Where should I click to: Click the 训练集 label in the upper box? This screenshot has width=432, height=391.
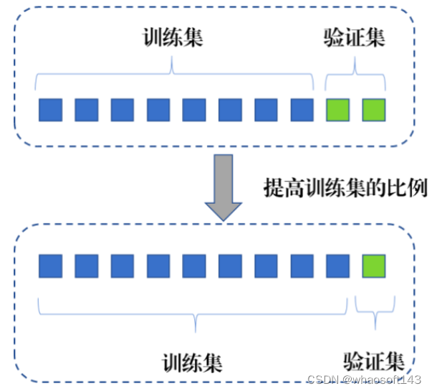point(173,37)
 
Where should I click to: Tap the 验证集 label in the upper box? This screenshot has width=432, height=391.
point(355,37)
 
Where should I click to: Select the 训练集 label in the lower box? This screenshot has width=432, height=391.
point(192,359)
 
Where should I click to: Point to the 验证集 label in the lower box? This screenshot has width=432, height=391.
point(373,359)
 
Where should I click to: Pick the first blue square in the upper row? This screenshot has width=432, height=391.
point(50,110)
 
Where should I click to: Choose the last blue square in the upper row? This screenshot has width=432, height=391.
point(302,110)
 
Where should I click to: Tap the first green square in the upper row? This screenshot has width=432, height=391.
point(338,110)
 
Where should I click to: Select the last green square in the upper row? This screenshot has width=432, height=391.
point(374,110)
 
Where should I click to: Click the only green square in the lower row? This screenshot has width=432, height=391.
point(374,266)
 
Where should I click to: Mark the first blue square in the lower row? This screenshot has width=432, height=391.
point(50,266)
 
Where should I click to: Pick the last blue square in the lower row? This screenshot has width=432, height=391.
point(338,266)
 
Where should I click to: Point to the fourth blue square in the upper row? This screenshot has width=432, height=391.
point(158,110)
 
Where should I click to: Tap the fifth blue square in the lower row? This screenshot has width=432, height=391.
point(194,266)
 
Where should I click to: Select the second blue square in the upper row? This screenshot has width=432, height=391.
point(86,110)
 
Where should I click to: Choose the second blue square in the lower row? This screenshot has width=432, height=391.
point(86,266)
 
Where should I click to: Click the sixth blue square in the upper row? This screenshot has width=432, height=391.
point(230,110)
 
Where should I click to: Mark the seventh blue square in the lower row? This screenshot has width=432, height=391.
point(266,266)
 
